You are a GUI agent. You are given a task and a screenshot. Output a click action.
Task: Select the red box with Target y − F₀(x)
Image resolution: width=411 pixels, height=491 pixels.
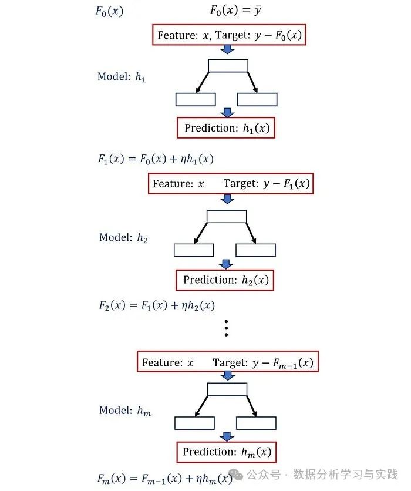coord(230,35)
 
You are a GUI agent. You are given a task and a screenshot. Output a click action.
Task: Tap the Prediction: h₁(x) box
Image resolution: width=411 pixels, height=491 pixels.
coord(226,128)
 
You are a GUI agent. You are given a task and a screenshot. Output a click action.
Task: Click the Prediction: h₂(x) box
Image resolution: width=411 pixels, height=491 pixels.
coord(225,280)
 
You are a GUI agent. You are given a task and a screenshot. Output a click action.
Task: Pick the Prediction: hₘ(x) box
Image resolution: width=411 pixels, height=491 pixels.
coord(226,452)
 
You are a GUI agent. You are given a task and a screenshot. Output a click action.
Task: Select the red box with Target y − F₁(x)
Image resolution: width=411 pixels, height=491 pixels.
coord(230,184)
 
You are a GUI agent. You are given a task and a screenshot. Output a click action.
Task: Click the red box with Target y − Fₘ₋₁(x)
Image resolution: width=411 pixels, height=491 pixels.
coord(228,362)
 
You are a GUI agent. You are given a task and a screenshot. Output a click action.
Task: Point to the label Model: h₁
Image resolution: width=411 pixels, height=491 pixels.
coord(122,77)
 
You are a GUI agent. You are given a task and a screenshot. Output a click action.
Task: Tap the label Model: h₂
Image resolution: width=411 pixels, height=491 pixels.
coord(123,237)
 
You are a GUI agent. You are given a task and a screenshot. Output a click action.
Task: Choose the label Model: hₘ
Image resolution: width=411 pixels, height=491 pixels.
coord(124,411)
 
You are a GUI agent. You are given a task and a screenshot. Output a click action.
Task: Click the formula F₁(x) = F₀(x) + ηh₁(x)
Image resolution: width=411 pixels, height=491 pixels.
coord(156,159)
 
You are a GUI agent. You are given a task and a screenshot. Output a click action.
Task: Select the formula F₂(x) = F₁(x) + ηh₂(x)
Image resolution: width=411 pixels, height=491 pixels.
coord(156,305)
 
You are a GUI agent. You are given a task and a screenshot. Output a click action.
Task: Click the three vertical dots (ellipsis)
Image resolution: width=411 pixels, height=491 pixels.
coord(226,328)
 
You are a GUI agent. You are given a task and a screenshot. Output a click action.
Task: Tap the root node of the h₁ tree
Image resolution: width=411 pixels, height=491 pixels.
coord(228,66)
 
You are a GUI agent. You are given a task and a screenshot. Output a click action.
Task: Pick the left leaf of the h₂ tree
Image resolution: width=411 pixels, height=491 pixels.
coord(194,251)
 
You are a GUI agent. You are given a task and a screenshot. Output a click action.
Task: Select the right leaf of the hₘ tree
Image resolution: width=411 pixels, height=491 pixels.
coord(256,423)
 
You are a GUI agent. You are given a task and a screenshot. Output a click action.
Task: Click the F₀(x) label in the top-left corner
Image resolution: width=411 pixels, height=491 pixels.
coord(109,11)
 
